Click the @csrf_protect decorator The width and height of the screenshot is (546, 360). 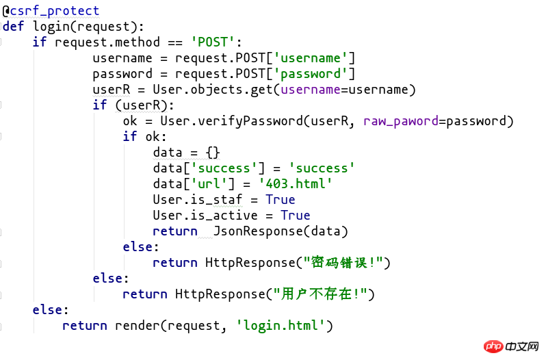point(51,11)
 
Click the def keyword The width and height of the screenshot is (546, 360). point(14,27)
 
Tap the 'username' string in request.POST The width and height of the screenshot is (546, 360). point(314,58)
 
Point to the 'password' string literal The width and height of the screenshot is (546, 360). point(314,74)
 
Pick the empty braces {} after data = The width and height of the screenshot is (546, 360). point(213,152)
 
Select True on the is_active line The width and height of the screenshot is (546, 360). point(296,215)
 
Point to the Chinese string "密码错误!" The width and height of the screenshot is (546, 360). point(341,262)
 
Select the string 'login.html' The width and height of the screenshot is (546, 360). point(281,325)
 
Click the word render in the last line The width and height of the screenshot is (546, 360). point(134,325)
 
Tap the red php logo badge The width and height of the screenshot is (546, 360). point(493,347)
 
